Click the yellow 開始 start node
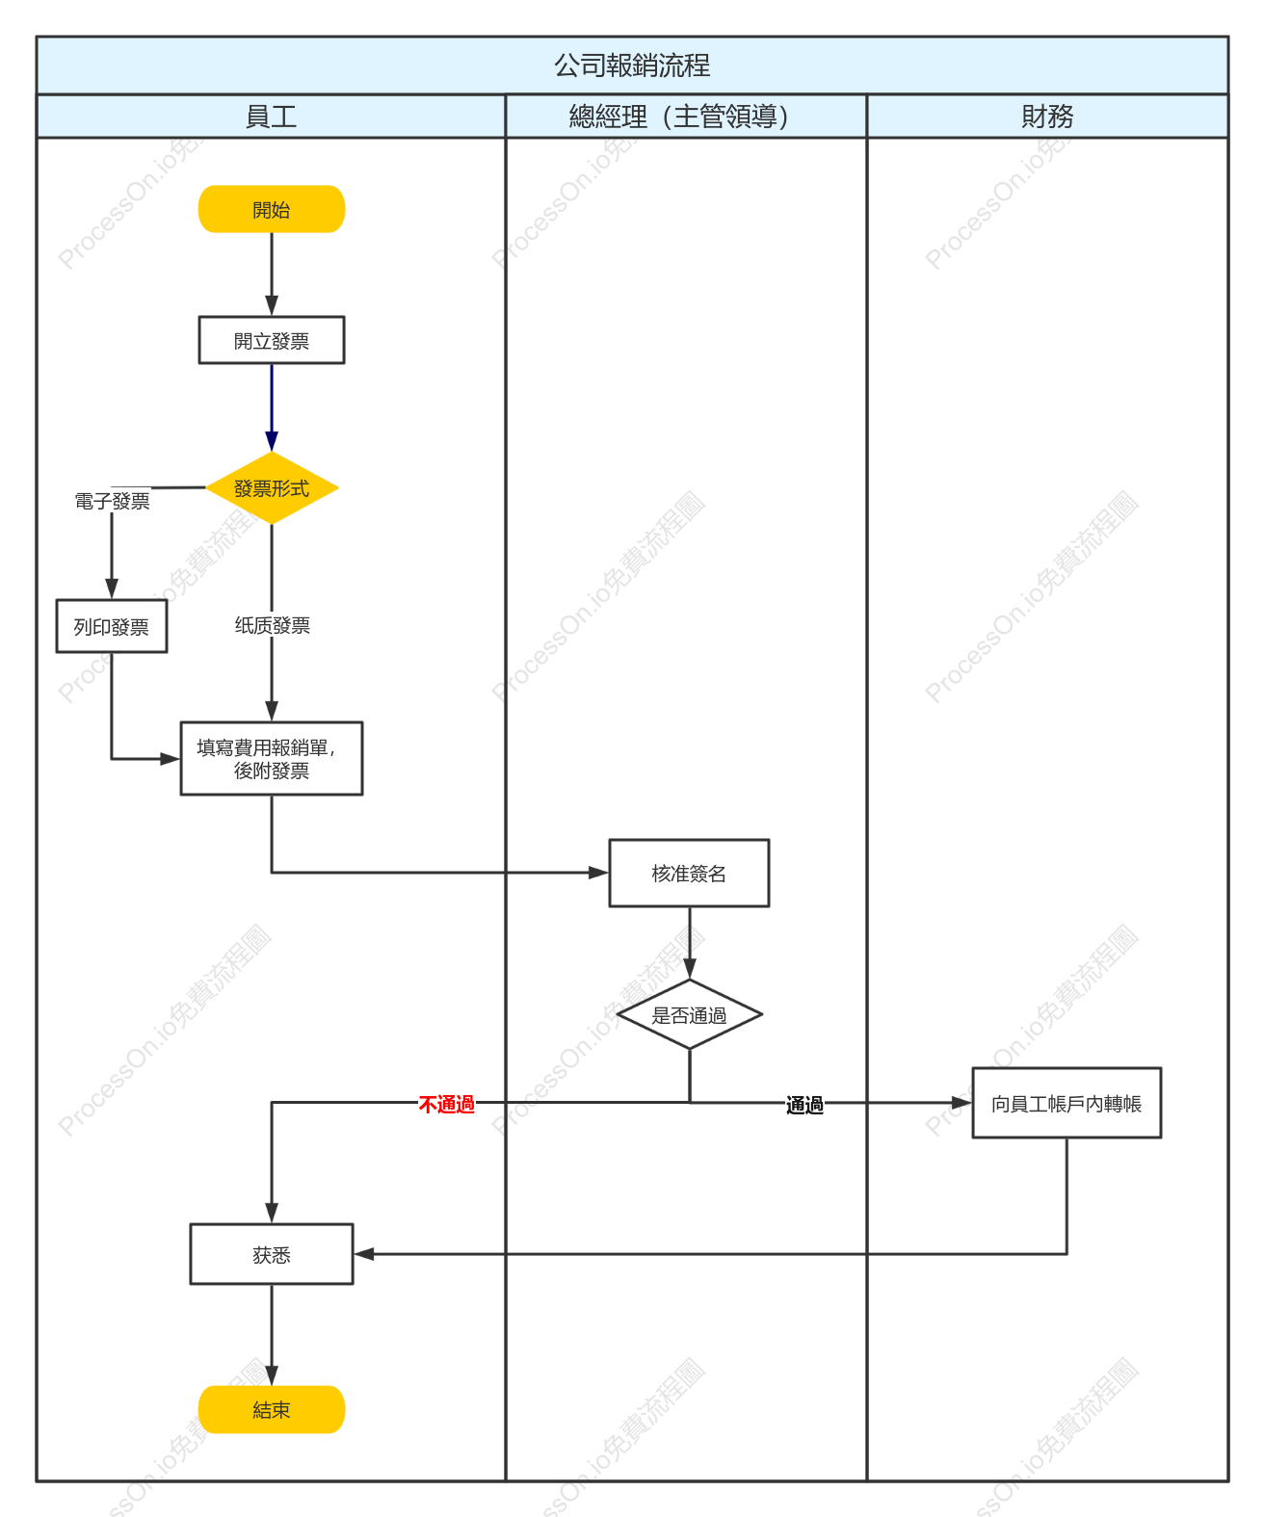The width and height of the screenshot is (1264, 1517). click(271, 209)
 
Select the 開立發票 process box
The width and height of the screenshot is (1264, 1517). click(271, 340)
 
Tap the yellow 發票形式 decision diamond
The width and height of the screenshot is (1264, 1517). click(271, 487)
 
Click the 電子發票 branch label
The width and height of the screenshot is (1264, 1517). click(112, 501)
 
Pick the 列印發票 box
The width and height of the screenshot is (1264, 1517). click(111, 626)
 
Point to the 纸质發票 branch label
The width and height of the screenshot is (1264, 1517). click(272, 625)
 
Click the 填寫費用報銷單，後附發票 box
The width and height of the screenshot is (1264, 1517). click(271, 759)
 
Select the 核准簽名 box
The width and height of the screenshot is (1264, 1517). click(688, 873)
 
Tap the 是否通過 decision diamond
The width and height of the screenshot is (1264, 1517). click(688, 1014)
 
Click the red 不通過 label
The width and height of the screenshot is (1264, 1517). click(446, 1105)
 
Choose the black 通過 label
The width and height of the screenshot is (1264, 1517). click(803, 1105)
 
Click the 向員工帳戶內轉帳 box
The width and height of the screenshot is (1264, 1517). click(1066, 1103)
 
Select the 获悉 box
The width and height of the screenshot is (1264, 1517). click(271, 1254)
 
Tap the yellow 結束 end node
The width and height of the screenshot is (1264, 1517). click(271, 1409)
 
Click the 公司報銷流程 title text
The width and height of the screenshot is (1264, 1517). click(632, 65)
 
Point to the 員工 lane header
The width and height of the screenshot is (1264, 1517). click(271, 117)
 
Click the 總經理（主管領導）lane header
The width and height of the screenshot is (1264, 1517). click(678, 117)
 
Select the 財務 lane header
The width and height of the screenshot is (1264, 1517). click(1046, 117)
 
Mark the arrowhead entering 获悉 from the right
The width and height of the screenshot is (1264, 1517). click(363, 1254)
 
